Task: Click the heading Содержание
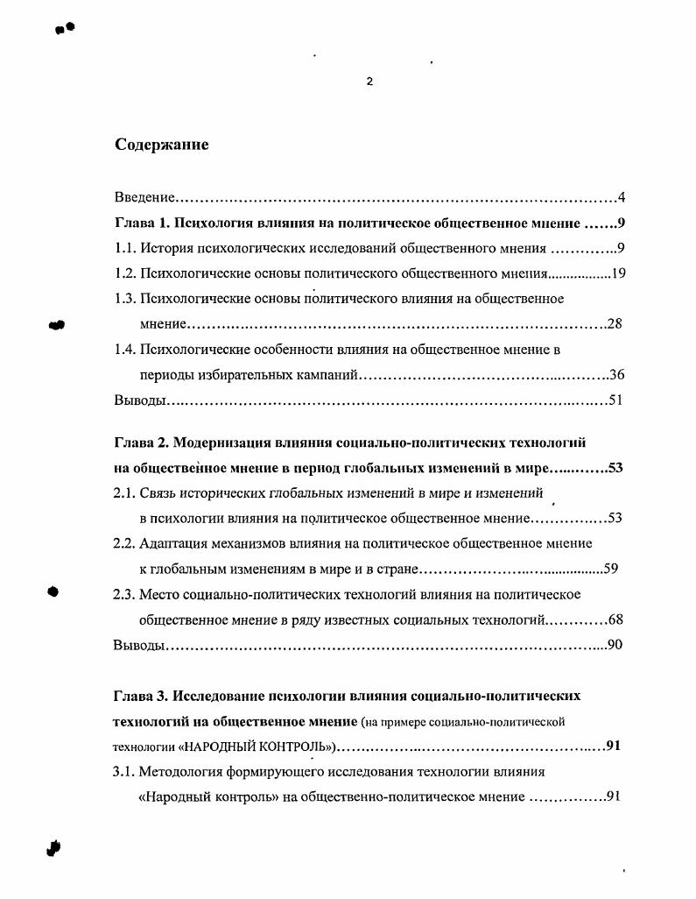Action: [162, 145]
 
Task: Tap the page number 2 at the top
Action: [369, 81]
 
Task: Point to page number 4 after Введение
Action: [621, 197]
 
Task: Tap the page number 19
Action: [618, 273]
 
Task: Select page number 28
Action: [615, 324]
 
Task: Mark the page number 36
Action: [616, 375]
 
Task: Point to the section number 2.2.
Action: [125, 543]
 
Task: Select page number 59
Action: [611, 569]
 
